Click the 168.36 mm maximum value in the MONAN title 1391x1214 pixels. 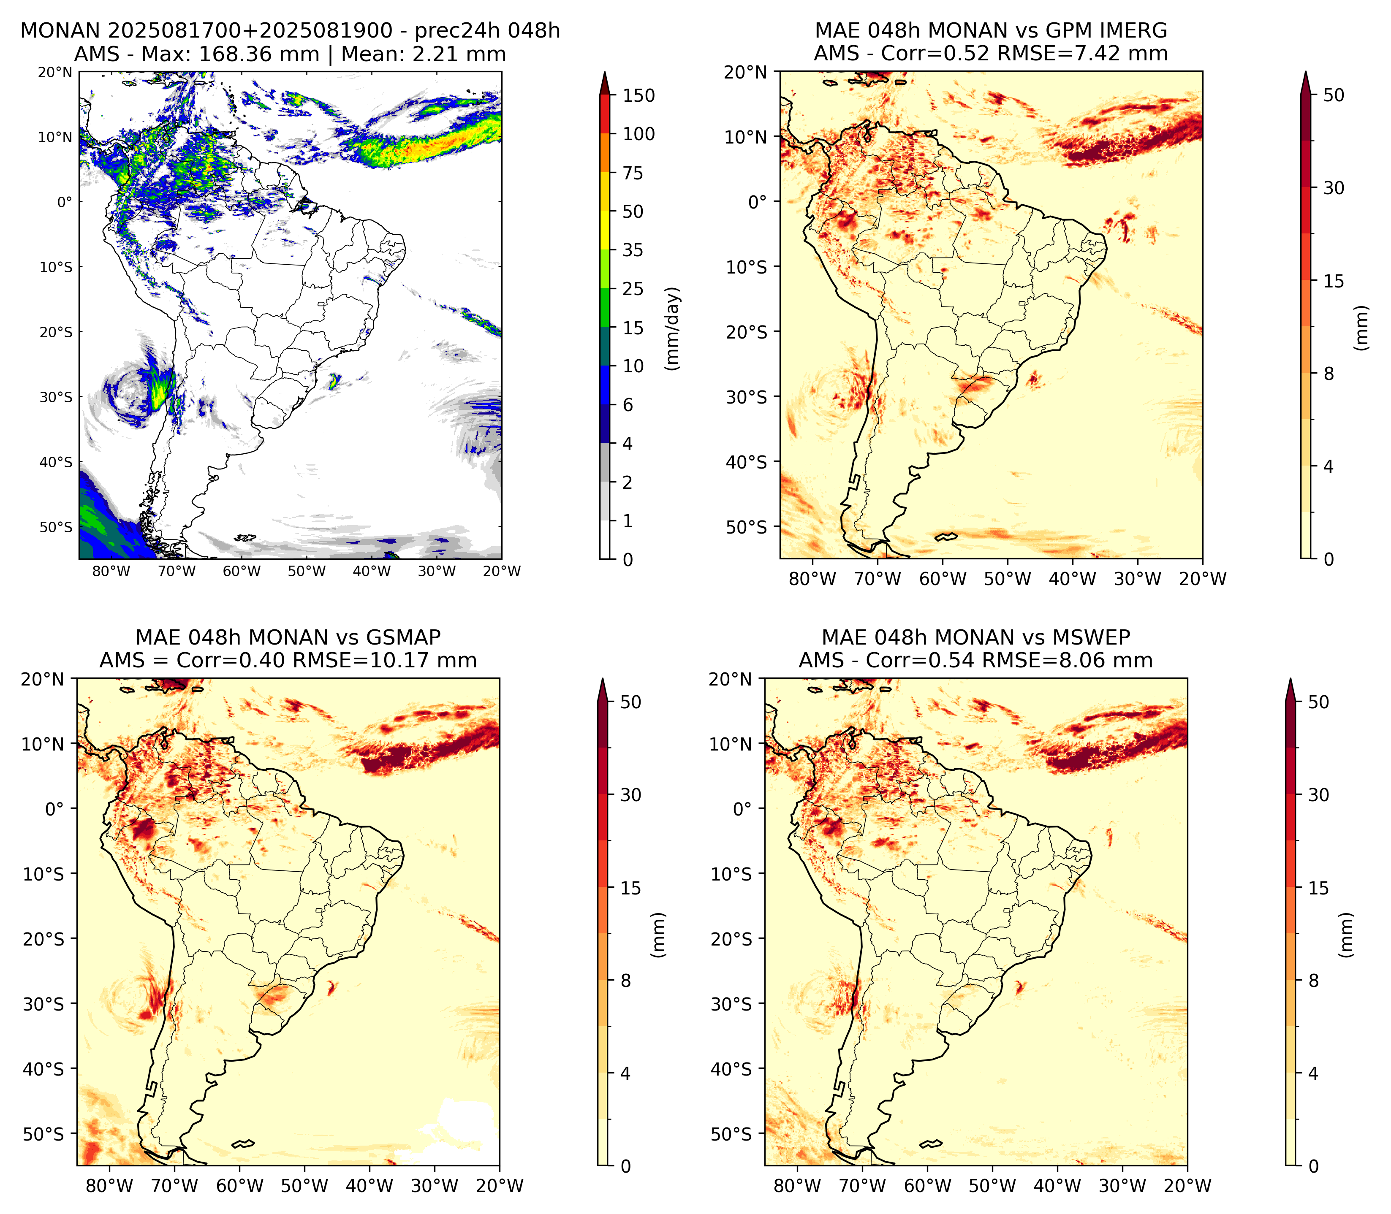click(x=258, y=54)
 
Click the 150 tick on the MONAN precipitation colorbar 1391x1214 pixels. click(x=639, y=95)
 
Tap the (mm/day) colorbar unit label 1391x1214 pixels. click(x=671, y=328)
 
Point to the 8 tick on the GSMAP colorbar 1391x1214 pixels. click(x=625, y=980)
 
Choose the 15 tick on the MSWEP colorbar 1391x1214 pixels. click(x=1318, y=887)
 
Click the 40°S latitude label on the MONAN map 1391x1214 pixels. click(x=56, y=462)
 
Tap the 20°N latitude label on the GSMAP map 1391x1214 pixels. click(x=41, y=679)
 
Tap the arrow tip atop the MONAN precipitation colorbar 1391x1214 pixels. click(x=605, y=73)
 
